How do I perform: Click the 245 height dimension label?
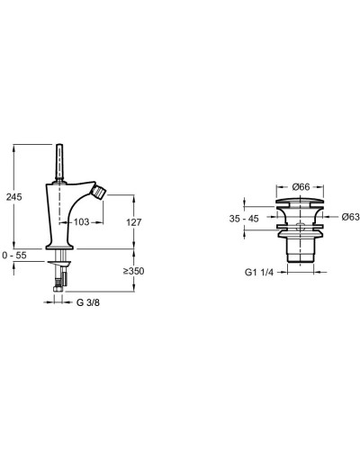14,197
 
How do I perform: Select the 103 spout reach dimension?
82,222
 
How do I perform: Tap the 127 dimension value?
134,222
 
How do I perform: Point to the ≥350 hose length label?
134,271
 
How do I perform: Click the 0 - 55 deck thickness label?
14,256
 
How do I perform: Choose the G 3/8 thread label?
88,302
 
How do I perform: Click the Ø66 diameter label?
301,187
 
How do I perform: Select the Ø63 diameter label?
350,217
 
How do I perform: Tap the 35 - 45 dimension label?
244,219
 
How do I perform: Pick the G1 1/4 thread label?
259,273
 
